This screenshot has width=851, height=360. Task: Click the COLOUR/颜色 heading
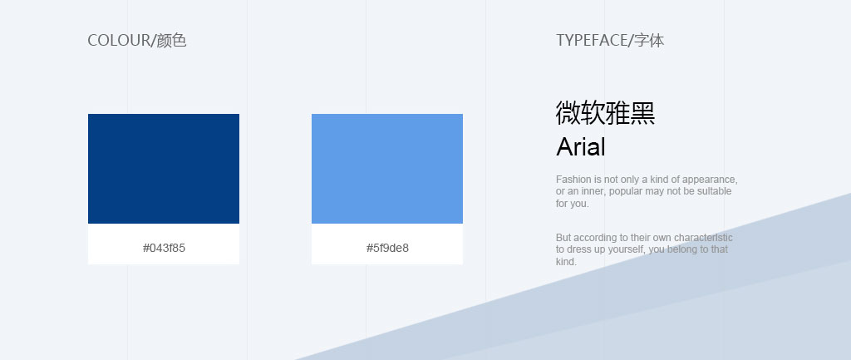[137, 40]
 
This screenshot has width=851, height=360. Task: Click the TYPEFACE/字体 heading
[610, 40]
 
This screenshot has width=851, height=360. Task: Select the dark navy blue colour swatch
[164, 168]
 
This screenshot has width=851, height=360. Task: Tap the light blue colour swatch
[387, 168]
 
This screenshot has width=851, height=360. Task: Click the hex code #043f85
[164, 248]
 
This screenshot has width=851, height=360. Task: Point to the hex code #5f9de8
[387, 248]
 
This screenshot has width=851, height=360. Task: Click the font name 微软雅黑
[605, 113]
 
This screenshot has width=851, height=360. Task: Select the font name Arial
[581, 146]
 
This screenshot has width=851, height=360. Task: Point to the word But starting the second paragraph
[563, 237]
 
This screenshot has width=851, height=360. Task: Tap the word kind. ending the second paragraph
[566, 262]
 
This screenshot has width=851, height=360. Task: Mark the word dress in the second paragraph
[579, 249]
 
